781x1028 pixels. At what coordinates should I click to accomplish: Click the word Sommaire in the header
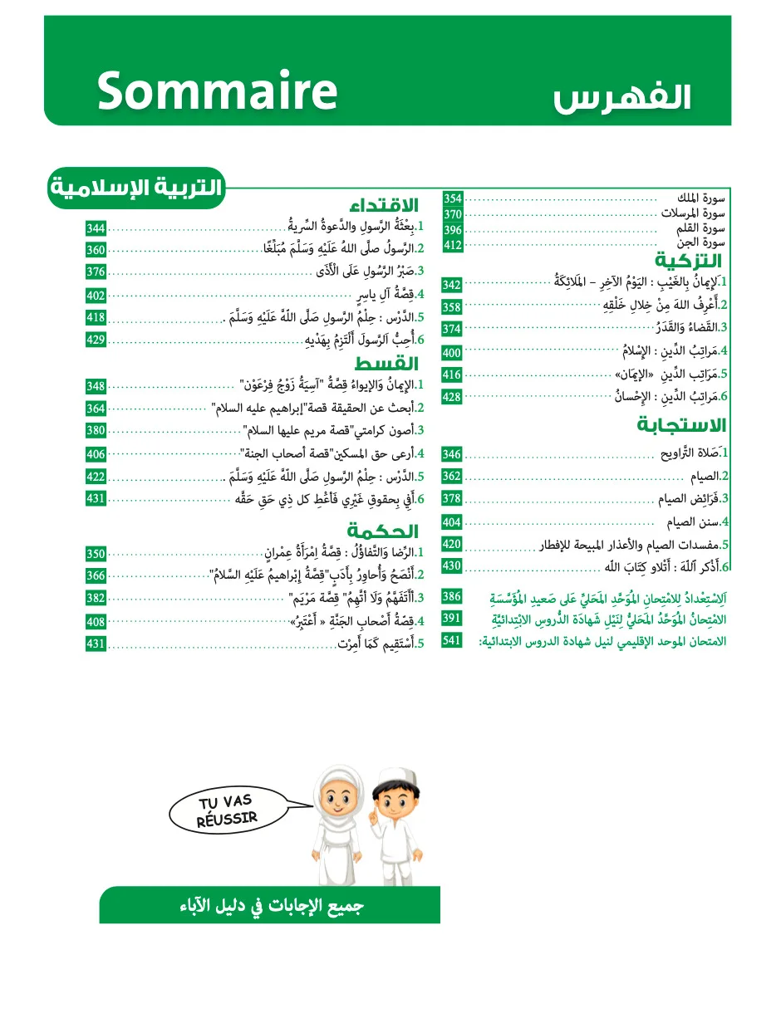(217, 91)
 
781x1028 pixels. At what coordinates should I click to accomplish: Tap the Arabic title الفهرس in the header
(621, 95)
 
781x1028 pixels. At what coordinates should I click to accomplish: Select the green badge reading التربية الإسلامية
(136, 188)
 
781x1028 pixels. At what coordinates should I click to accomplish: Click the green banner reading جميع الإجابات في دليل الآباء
(270, 905)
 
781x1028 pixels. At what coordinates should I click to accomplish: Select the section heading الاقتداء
(384, 206)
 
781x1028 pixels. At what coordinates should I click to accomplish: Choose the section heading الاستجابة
(681, 425)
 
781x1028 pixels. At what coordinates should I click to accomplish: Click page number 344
(96, 228)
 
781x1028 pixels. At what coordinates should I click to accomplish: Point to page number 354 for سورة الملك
(452, 198)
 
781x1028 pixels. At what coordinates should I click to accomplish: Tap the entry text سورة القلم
(702, 229)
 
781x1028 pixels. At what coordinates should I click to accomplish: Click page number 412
(452, 245)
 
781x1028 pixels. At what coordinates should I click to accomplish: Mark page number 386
(452, 597)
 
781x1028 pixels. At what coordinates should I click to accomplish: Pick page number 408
(96, 622)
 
